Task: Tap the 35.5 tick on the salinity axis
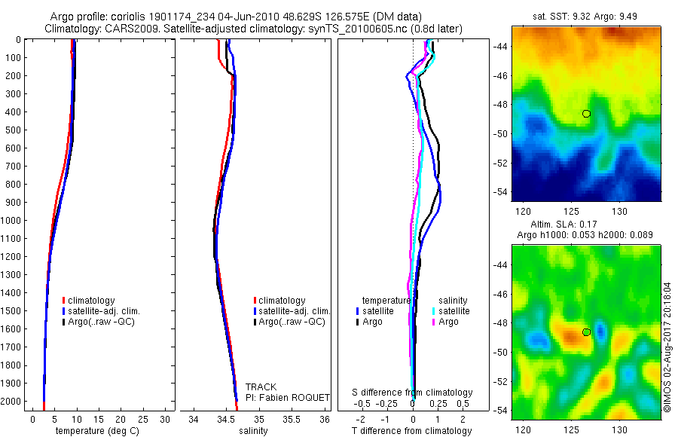[292, 419]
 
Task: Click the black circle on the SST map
[586, 114]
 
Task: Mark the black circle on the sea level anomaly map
[586, 332]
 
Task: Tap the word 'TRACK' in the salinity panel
[261, 387]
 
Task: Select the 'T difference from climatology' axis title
[412, 431]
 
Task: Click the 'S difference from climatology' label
[413, 393]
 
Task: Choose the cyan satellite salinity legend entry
[449, 311]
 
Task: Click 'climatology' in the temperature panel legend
[91, 301]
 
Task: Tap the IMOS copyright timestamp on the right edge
[667, 348]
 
